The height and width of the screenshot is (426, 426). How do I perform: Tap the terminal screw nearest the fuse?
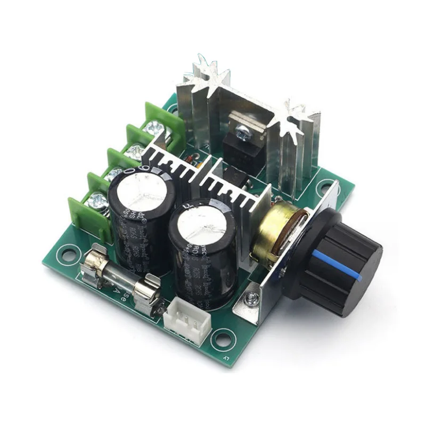97,200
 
